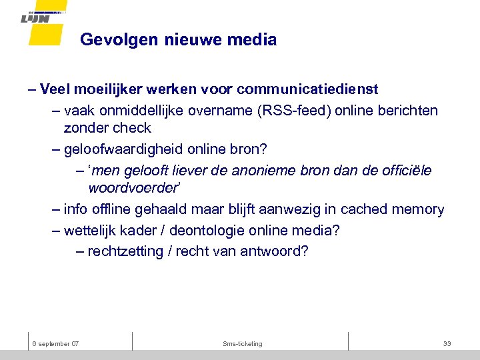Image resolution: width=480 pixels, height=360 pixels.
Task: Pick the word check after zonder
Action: (x=133, y=127)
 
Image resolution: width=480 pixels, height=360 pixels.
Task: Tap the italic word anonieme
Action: (x=283, y=171)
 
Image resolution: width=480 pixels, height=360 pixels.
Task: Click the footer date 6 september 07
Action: (x=56, y=343)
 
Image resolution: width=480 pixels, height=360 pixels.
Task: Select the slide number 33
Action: (x=447, y=343)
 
